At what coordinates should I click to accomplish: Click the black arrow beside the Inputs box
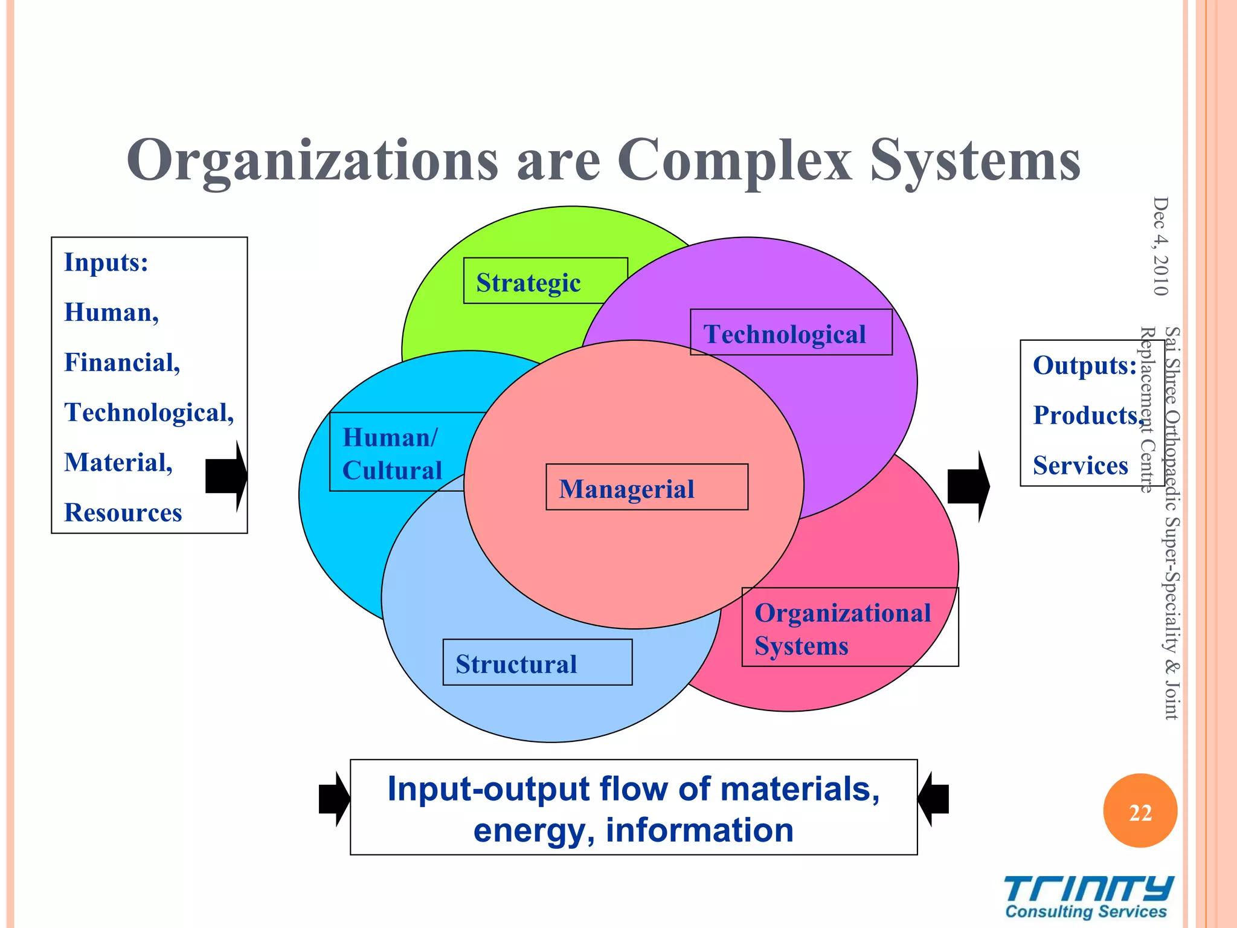(226, 476)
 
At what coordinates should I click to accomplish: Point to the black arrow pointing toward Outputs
(968, 486)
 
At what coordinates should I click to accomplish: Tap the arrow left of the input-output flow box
(334, 799)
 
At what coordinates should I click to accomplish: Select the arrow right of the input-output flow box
(933, 799)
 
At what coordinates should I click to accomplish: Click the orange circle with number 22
(1140, 811)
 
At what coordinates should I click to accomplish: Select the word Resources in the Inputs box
(123, 512)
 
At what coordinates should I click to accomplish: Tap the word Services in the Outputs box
(1080, 465)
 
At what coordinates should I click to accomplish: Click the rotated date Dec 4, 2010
(1160, 246)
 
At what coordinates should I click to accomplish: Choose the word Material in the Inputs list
(118, 462)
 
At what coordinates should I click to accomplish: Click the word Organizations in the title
(312, 160)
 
